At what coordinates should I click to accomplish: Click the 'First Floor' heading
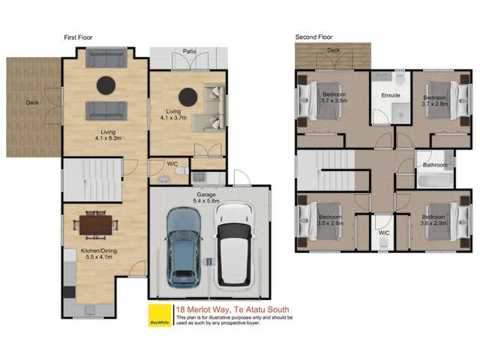[77, 37]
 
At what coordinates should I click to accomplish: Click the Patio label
[190, 52]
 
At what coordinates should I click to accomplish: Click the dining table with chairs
[96, 223]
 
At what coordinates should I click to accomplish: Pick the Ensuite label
[391, 96]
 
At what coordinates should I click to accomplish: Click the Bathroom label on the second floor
[435, 165]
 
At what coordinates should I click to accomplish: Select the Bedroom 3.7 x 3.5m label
[332, 99]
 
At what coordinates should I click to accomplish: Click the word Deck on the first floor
[31, 103]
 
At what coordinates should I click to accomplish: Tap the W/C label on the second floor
[384, 232]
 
